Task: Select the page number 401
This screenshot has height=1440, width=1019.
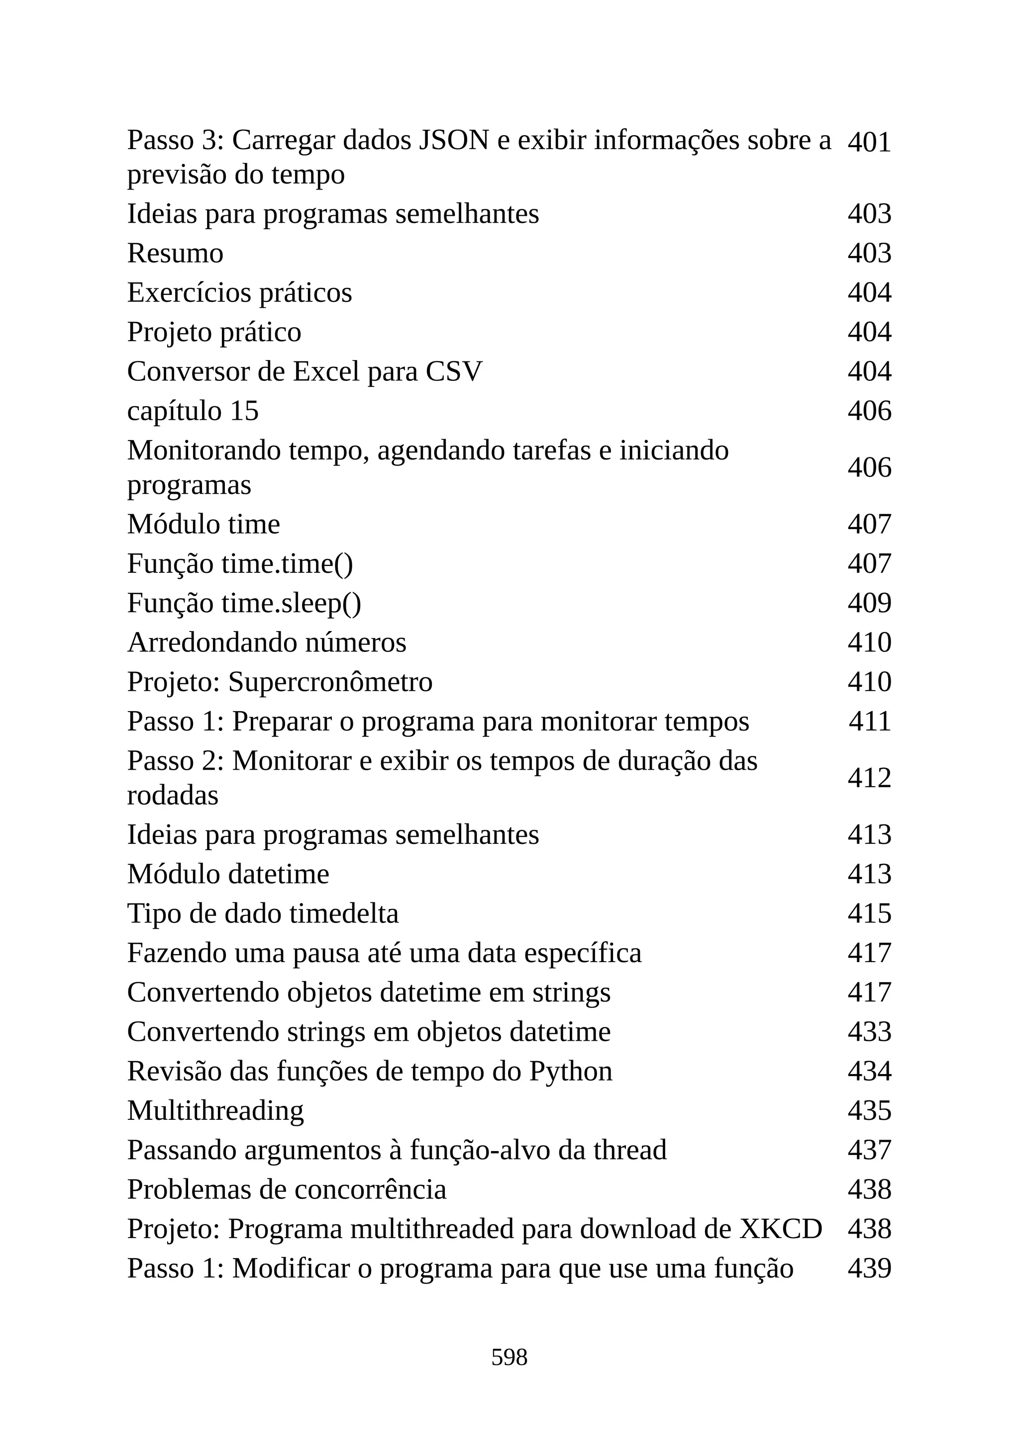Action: [x=869, y=142]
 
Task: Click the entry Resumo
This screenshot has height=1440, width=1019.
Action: [x=175, y=254]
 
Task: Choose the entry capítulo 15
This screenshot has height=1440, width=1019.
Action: [x=193, y=411]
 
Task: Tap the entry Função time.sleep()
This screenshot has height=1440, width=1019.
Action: [x=244, y=603]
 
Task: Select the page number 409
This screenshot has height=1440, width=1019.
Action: [x=869, y=603]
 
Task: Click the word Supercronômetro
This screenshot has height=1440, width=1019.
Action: [x=330, y=682]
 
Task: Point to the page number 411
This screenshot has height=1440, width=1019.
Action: [x=869, y=721]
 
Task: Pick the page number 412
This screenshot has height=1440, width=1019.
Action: [x=869, y=778]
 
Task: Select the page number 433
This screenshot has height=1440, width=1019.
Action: [x=869, y=1032]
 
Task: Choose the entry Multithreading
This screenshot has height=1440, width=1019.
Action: [x=215, y=1111]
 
